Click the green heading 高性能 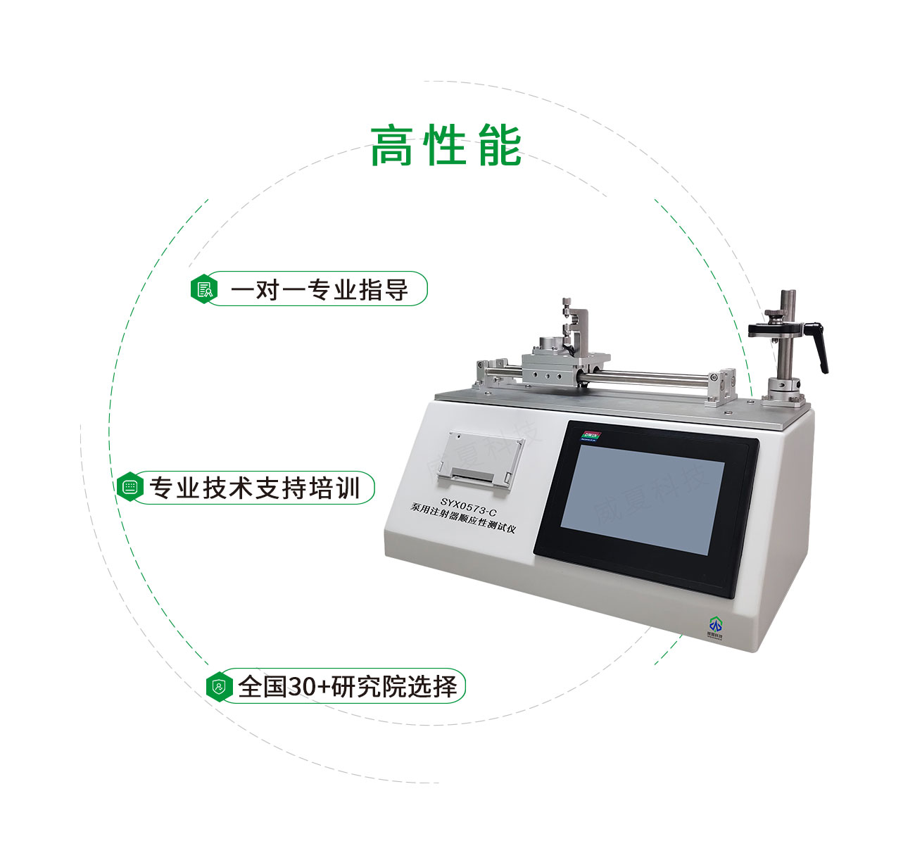point(446,146)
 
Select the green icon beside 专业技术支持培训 point(130,487)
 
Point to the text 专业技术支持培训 point(254,488)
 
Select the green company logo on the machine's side point(715,625)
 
